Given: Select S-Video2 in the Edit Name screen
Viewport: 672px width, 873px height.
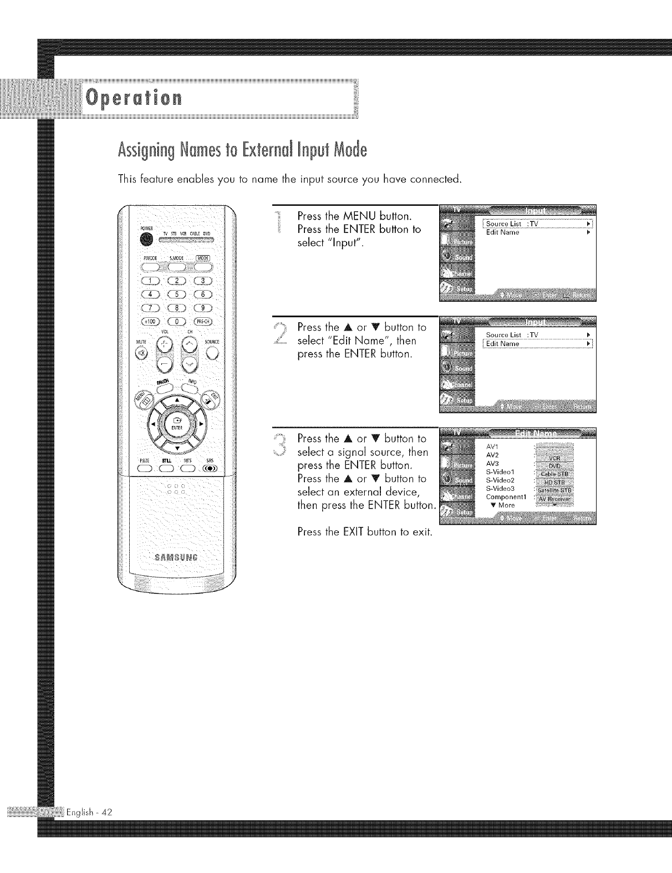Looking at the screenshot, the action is point(501,480).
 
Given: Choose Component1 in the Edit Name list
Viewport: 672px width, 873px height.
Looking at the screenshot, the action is point(505,497).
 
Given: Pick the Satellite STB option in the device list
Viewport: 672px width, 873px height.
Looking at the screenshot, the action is point(556,489).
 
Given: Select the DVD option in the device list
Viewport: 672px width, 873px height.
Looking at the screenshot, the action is point(556,466).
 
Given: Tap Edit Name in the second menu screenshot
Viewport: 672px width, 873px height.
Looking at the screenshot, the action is point(503,344).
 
